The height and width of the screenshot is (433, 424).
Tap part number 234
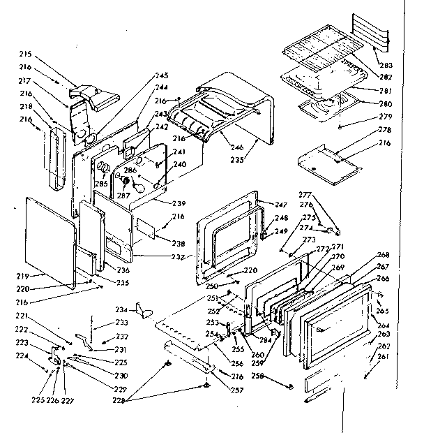[x=121, y=309]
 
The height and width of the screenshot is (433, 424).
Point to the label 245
[x=162, y=75]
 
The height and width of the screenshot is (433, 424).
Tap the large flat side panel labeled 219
[x=49, y=241]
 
